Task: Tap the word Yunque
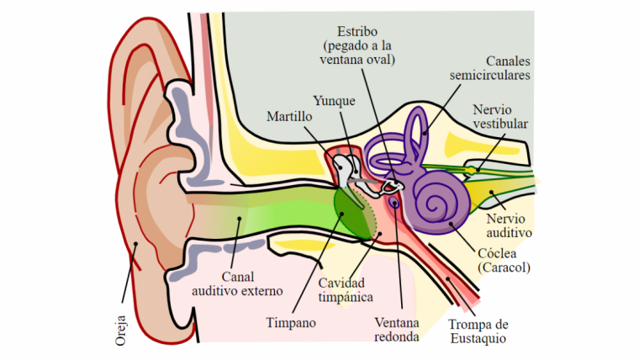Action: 334,101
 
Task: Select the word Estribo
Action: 359,29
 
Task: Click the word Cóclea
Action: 493,252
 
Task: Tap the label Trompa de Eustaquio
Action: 478,331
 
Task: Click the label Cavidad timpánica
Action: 346,289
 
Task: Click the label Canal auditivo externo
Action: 237,283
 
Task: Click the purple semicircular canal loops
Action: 414,135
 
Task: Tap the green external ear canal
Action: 252,220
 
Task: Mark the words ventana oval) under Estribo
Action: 359,60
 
